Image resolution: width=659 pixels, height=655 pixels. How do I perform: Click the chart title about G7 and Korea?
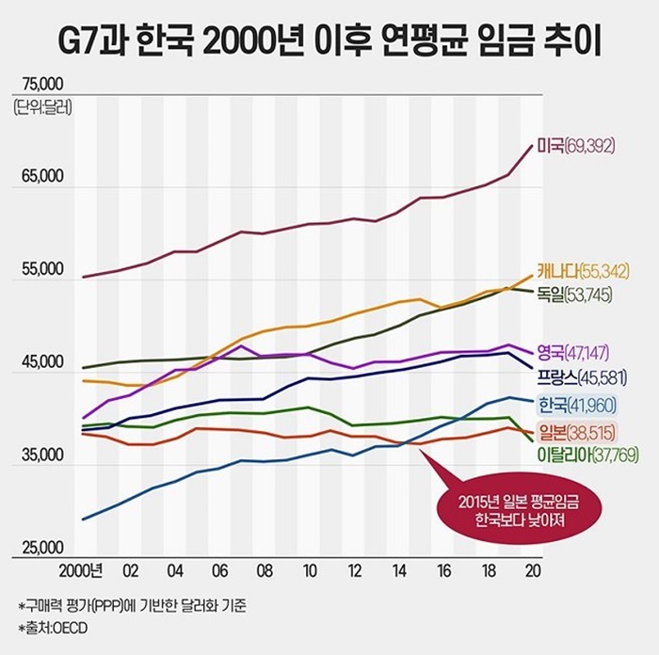[x=329, y=43]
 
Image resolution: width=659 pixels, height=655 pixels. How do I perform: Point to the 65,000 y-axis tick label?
[x=37, y=176]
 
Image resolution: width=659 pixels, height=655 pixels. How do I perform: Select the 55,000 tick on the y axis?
[x=37, y=269]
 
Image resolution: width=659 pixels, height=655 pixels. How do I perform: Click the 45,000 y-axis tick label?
[x=37, y=362]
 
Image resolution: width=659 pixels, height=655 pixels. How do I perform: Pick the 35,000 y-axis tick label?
[x=37, y=455]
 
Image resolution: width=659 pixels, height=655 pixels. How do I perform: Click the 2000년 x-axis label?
[x=82, y=571]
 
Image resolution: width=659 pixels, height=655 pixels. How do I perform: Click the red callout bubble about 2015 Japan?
[x=509, y=509]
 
